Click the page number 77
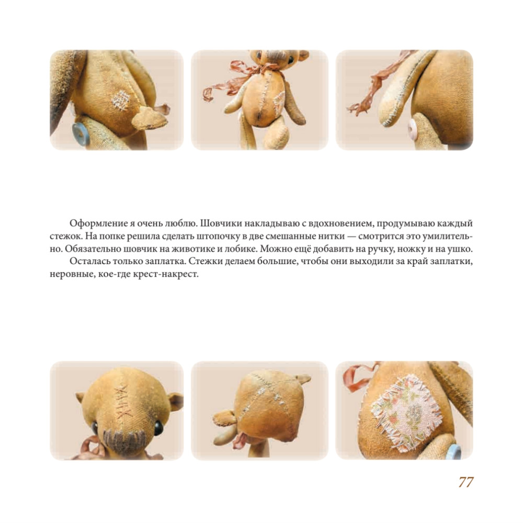coord(466,482)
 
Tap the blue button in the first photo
coord(81,134)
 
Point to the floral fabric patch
coord(406,412)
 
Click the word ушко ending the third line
coord(461,249)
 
